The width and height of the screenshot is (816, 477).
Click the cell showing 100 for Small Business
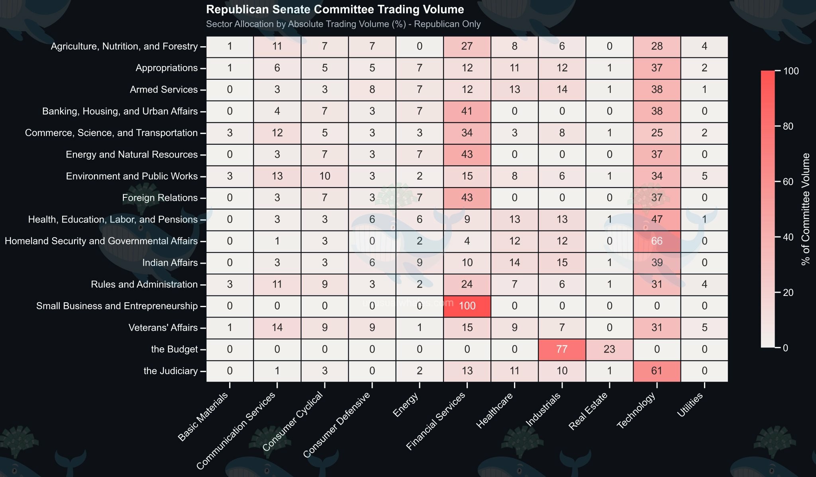tap(467, 306)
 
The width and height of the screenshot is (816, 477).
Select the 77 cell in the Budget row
tap(561, 349)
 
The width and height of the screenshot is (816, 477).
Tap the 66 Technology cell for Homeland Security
tap(657, 241)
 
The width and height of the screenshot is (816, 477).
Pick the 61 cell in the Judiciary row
tap(657, 371)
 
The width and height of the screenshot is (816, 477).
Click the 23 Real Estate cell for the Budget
tap(609, 349)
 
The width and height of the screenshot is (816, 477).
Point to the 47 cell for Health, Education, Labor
tap(657, 219)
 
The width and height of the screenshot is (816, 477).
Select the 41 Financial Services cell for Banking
tap(467, 111)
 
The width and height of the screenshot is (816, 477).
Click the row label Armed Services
tap(164, 89)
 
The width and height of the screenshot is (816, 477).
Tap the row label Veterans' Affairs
tap(163, 328)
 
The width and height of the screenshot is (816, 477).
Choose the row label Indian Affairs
tap(170, 263)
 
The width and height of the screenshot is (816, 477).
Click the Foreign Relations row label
tap(160, 198)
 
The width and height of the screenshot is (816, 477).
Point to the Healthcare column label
tap(494, 410)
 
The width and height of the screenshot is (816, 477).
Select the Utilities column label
tap(690, 405)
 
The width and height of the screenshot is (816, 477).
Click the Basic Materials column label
tap(203, 417)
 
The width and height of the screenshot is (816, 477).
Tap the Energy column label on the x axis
tap(406, 404)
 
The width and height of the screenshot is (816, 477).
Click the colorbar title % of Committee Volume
tap(806, 209)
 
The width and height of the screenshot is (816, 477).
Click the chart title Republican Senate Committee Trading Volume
tap(335, 10)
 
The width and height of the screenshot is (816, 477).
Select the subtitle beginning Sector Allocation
tap(343, 24)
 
